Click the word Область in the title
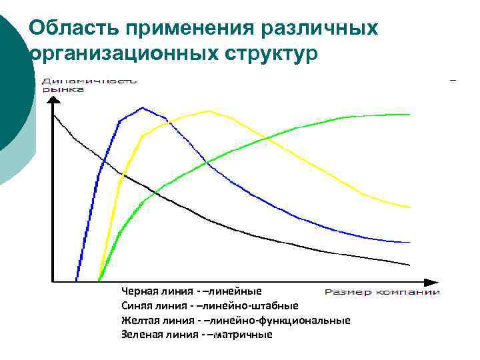tap(71, 28)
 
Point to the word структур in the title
tap(271, 55)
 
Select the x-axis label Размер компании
tap(382, 292)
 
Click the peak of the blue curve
tap(142, 107)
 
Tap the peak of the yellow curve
tap(208, 111)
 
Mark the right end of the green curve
tap(409, 115)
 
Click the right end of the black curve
tap(409, 264)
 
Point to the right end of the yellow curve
tap(409, 207)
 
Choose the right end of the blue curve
tap(409, 242)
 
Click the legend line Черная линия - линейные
tap(191, 291)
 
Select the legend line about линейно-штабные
tap(209, 306)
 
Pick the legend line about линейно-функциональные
tap(235, 320)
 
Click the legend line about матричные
tap(197, 335)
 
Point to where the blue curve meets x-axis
tap(77, 280)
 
